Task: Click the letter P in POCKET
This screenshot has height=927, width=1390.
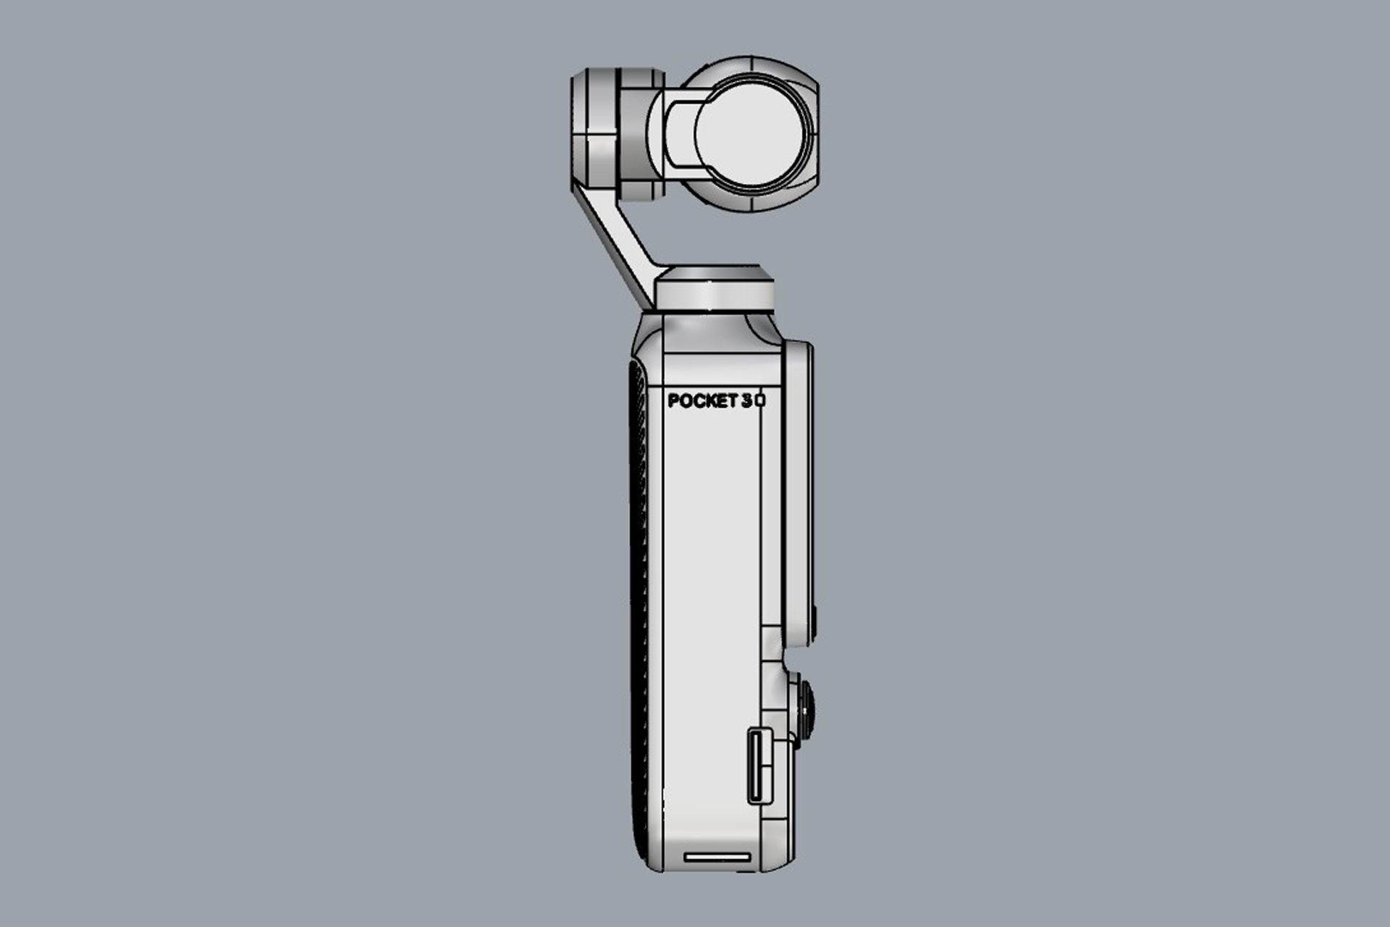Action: [673, 400]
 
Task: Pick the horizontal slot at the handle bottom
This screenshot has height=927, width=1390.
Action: [717, 857]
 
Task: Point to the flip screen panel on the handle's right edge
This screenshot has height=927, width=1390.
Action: [799, 492]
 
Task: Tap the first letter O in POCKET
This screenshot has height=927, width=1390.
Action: [685, 400]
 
